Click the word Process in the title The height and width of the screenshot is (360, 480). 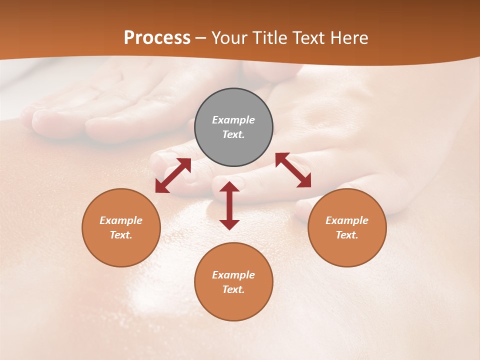pyautogui.click(x=157, y=38)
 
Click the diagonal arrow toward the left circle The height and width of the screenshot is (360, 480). pyautogui.click(x=173, y=175)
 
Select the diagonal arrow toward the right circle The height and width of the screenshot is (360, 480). pyautogui.click(x=293, y=170)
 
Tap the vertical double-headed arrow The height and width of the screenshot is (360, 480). pyautogui.click(x=229, y=205)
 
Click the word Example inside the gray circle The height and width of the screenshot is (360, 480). pyautogui.click(x=233, y=120)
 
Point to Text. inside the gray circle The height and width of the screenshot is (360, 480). pyautogui.click(x=233, y=134)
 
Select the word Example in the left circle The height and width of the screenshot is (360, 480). pyautogui.click(x=121, y=220)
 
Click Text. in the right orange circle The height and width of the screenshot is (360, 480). pyautogui.click(x=347, y=235)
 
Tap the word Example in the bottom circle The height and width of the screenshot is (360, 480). pyautogui.click(x=233, y=275)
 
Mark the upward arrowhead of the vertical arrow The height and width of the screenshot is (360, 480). pyautogui.click(x=229, y=186)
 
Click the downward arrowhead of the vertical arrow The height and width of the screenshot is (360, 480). pyautogui.click(x=229, y=224)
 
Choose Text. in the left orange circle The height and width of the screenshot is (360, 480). pyautogui.click(x=121, y=235)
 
